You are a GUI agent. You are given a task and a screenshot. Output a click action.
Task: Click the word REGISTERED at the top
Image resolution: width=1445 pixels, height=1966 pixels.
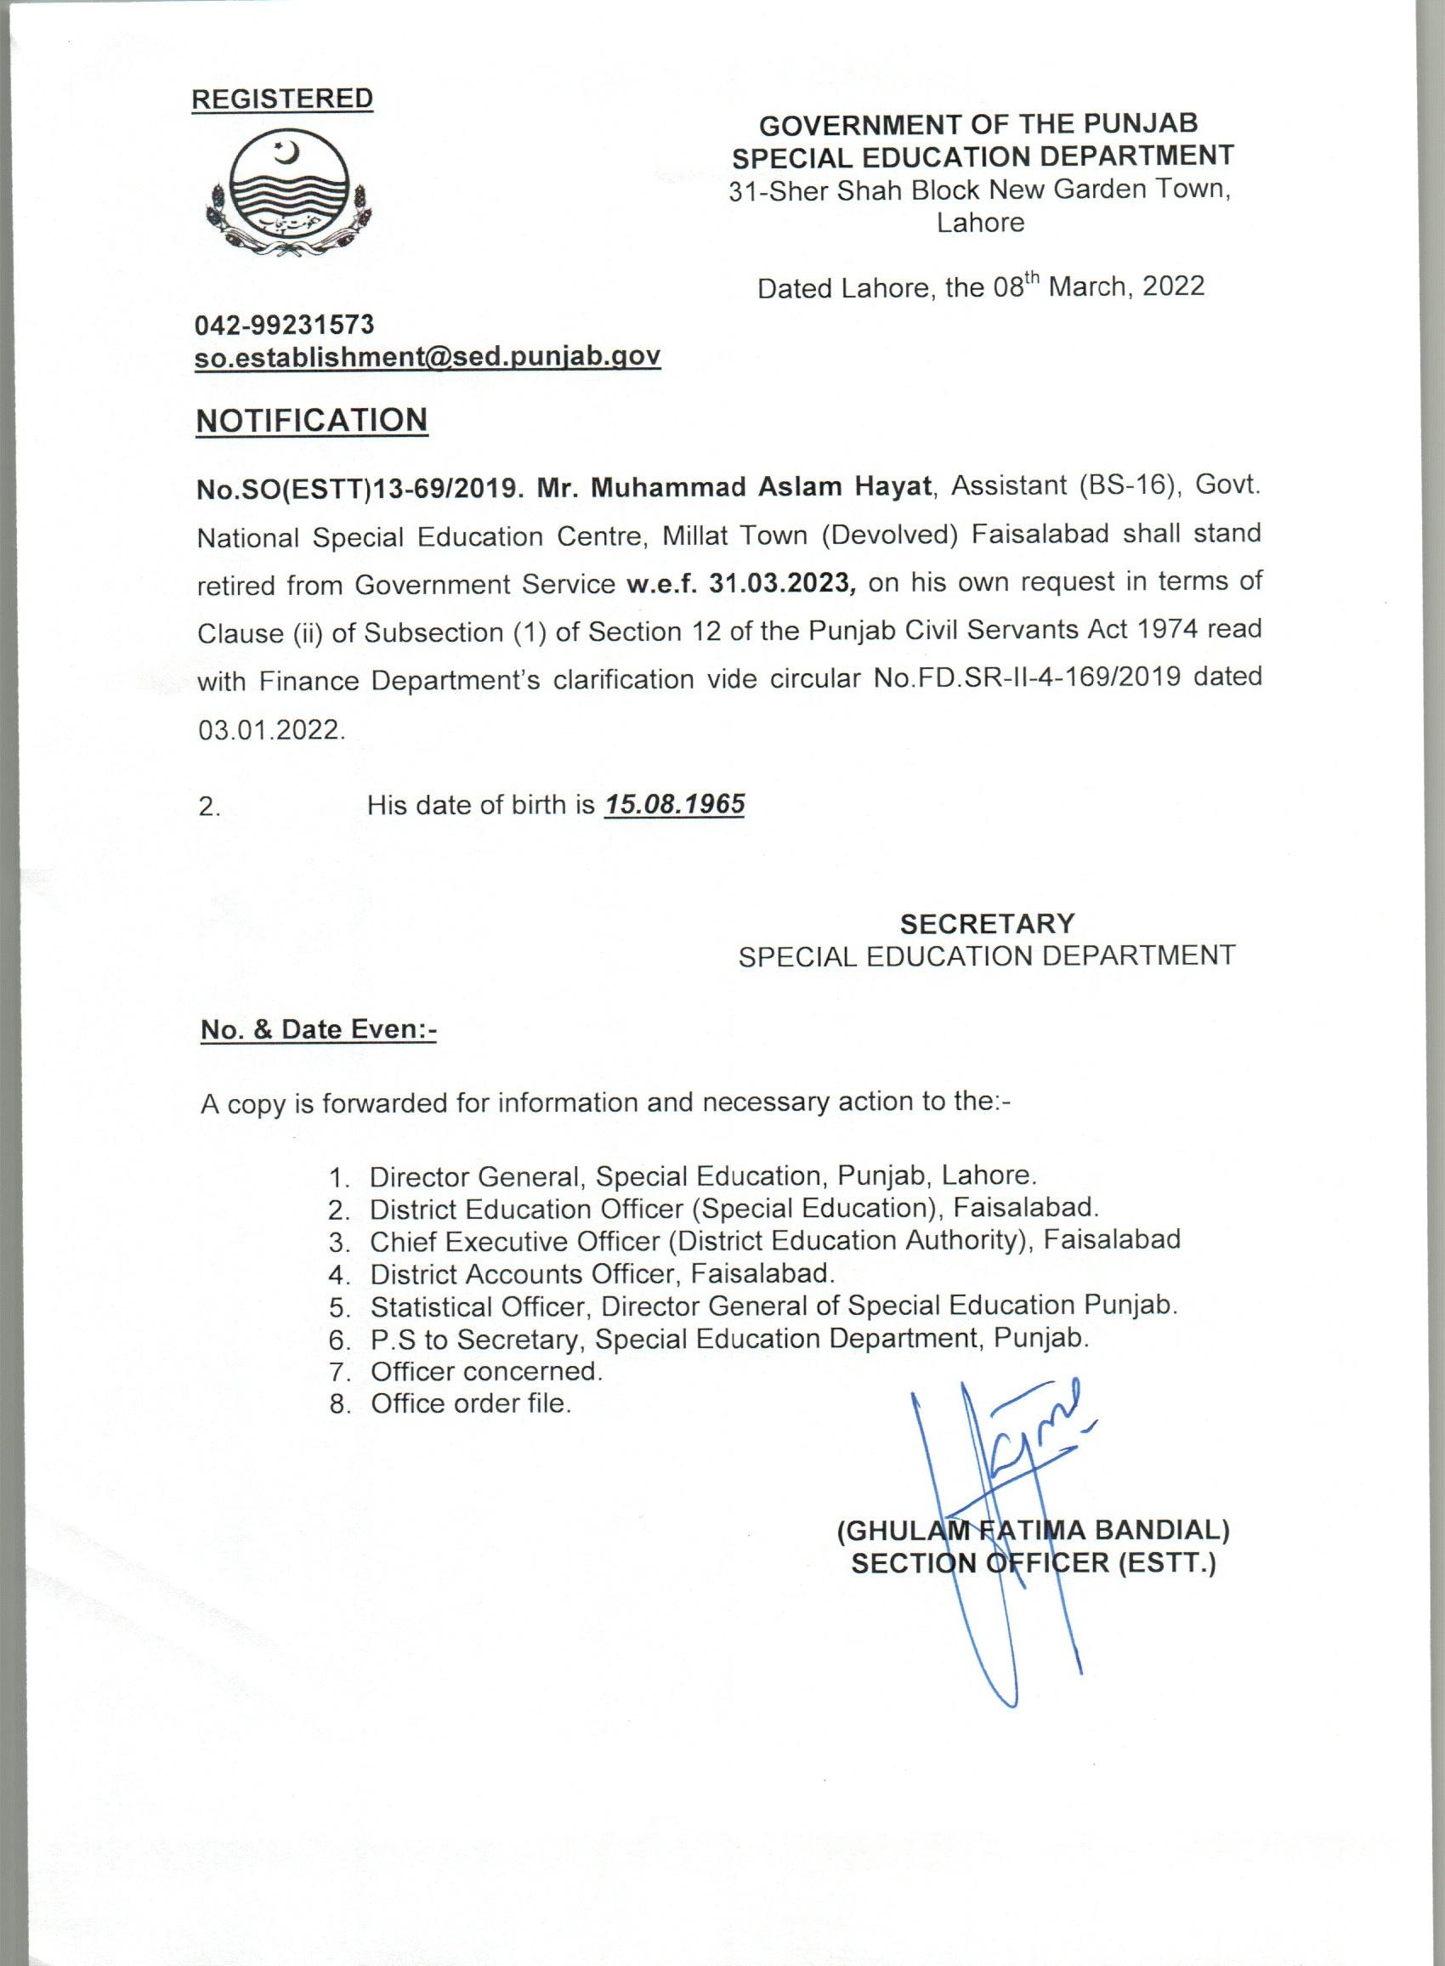[x=282, y=99]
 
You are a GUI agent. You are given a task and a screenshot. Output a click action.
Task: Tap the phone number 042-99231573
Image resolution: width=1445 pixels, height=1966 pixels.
[x=284, y=326]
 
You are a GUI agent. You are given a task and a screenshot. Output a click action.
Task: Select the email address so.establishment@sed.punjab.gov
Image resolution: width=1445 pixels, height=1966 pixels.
[x=427, y=357]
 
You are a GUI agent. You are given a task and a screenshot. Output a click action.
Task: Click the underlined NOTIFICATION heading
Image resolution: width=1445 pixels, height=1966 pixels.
[x=312, y=421]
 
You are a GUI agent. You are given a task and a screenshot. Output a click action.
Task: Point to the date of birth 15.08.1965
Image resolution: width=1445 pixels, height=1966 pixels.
[x=673, y=804]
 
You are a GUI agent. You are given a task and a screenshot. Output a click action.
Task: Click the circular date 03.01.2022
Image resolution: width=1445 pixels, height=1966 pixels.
[x=272, y=729]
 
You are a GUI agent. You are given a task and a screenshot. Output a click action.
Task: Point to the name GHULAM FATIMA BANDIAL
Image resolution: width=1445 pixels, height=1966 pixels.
[x=1033, y=1531]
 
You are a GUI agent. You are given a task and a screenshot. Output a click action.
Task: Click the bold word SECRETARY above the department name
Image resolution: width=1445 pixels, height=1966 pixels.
[x=988, y=924]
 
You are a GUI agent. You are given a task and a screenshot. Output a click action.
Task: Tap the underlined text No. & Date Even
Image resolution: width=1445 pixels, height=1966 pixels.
[x=319, y=1029]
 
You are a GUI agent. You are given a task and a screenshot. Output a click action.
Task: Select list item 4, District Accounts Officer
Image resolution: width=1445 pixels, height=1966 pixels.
[x=602, y=1273]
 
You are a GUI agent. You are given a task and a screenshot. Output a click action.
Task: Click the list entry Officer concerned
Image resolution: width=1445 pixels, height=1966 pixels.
[x=486, y=1371]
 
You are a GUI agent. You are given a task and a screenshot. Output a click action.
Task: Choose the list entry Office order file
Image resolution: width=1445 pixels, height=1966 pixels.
[x=471, y=1403]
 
